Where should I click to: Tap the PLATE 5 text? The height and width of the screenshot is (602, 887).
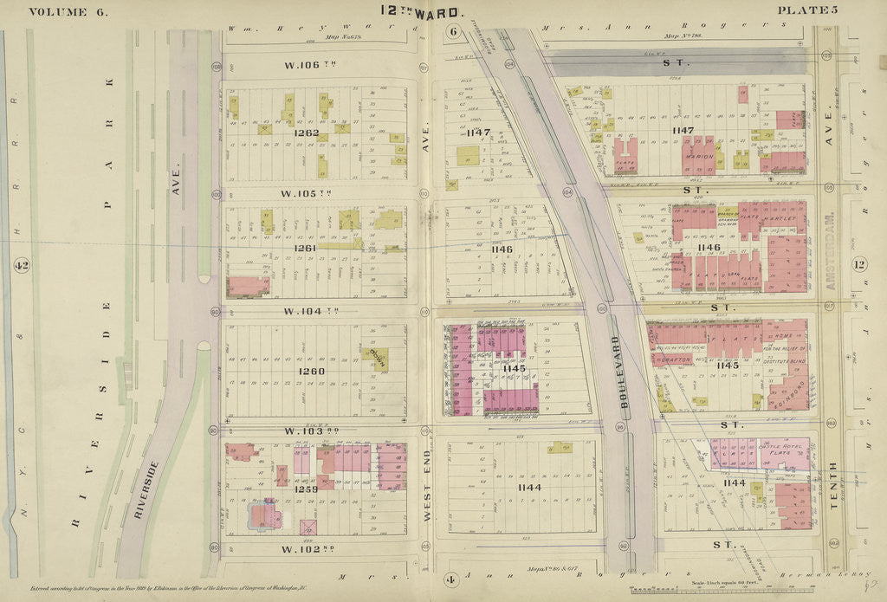click(x=807, y=10)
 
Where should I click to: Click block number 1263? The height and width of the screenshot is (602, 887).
click(x=307, y=133)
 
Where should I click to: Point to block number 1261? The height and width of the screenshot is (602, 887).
click(x=305, y=249)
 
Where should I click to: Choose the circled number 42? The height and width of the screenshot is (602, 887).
click(x=21, y=265)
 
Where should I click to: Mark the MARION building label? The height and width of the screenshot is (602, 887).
click(x=698, y=157)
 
